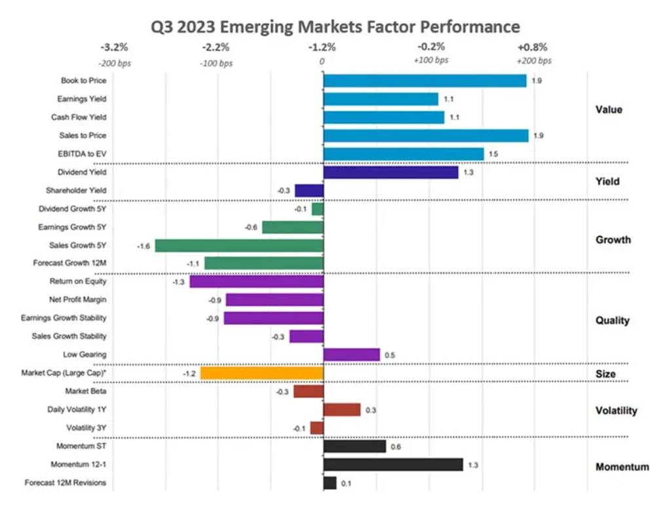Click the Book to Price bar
(425, 81)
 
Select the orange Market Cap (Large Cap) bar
(261, 373)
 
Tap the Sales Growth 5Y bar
(239, 246)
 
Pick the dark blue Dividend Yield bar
(391, 172)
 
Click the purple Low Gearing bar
(351, 354)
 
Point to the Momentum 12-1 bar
(393, 464)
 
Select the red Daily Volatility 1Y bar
(341, 409)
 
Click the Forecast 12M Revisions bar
(330, 483)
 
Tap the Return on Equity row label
(78, 282)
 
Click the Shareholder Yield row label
(76, 191)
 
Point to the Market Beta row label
(86, 391)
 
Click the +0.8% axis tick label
(532, 47)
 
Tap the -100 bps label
(216, 63)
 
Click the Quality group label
(612, 320)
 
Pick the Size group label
(605, 374)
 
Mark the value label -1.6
(144, 246)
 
